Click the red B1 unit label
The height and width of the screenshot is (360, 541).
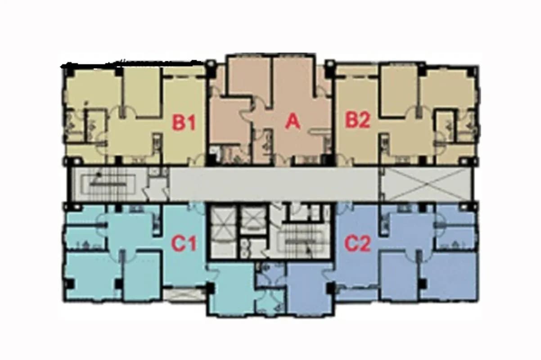(184, 123)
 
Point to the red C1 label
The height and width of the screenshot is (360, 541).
(184, 243)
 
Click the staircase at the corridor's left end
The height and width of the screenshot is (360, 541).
(108, 184)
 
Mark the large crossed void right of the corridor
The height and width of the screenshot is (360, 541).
(427, 184)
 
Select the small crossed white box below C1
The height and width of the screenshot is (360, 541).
(184, 295)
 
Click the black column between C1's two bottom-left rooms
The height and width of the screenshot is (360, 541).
(118, 283)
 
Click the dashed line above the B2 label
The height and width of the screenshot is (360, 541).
(357, 77)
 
